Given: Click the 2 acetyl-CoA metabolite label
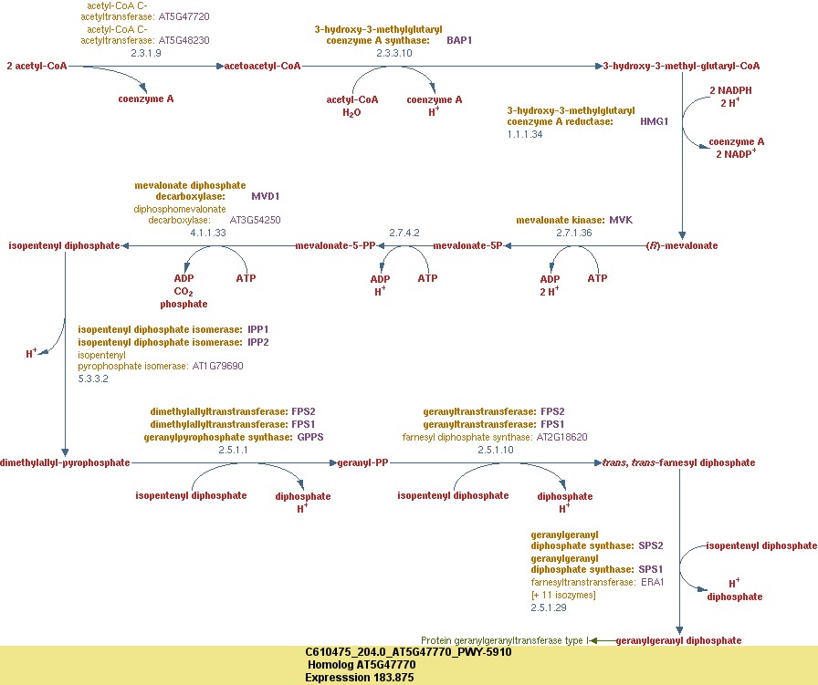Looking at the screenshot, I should click(x=37, y=66).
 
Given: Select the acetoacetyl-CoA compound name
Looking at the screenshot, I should click(x=263, y=66).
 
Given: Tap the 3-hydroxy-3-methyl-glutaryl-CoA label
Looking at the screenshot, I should click(x=681, y=66).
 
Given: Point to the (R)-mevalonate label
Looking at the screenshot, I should click(x=681, y=245).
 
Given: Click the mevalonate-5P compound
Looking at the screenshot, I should click(x=467, y=245).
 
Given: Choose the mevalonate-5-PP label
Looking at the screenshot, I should click(x=336, y=245).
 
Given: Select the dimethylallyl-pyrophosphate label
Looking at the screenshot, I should click(x=65, y=462).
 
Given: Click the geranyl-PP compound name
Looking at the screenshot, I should click(x=363, y=462).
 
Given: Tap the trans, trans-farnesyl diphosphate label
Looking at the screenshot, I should click(x=678, y=462).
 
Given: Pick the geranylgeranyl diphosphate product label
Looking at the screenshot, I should click(x=678, y=640).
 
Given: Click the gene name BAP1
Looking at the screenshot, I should click(x=459, y=41).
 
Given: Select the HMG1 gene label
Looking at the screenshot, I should click(x=654, y=120).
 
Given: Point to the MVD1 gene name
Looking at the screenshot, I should click(x=265, y=196).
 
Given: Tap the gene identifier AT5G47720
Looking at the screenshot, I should click(x=184, y=17).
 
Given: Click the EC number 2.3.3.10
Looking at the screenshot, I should click(x=394, y=53).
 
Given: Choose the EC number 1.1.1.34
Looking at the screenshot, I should click(x=525, y=134).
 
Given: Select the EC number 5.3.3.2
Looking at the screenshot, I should click(x=93, y=378).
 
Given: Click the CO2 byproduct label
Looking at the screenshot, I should click(x=184, y=291).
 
